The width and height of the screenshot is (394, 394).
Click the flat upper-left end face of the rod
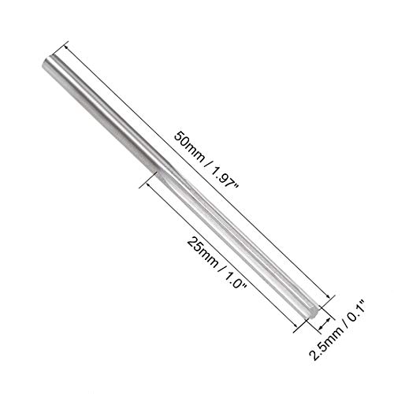coord(46,63)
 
